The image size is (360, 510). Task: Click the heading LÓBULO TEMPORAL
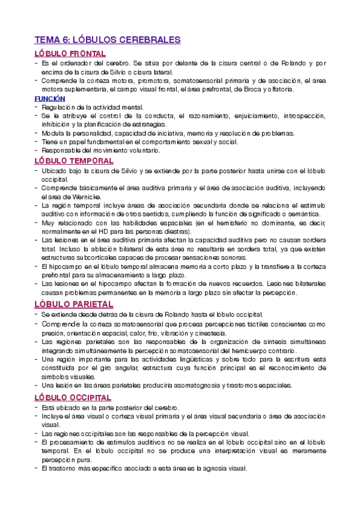pos(74,161)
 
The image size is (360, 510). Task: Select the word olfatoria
pos(278,89)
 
